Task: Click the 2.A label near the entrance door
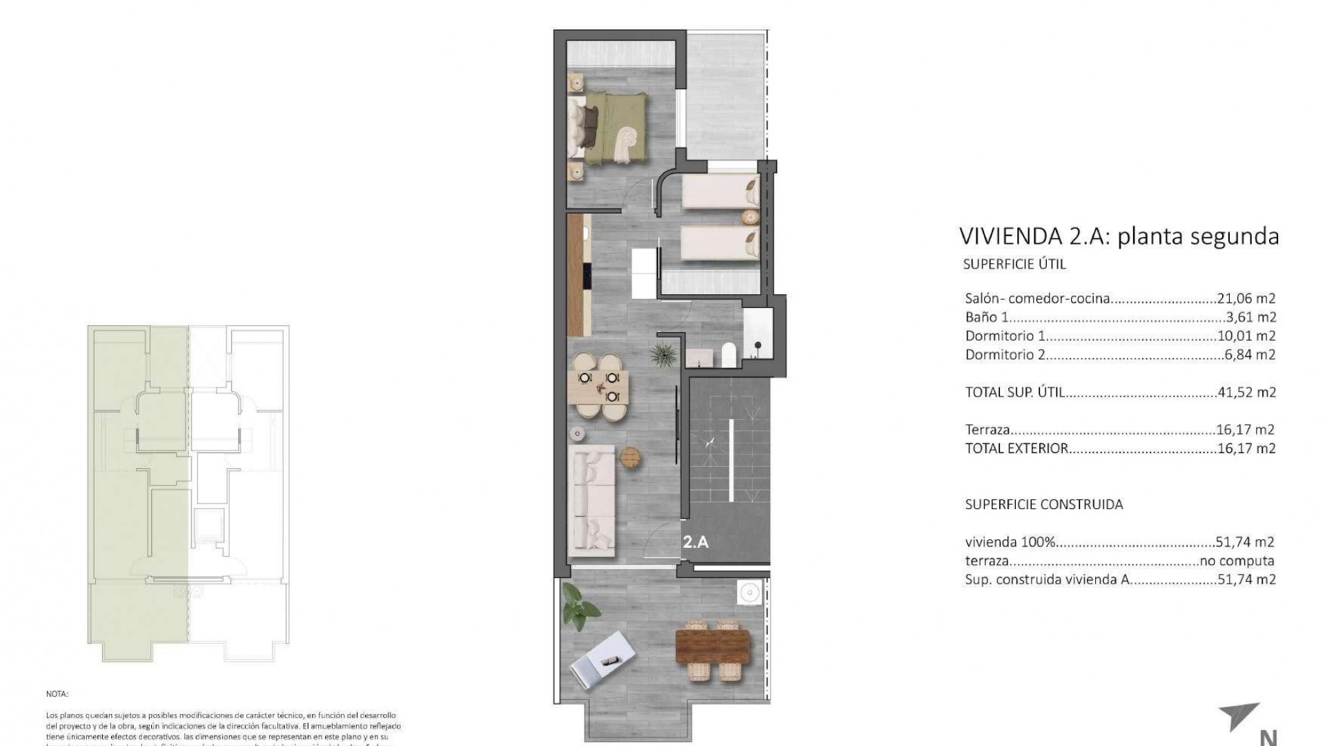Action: pyautogui.click(x=696, y=542)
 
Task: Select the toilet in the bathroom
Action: pyautogui.click(x=729, y=356)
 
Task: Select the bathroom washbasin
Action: pyautogui.click(x=701, y=358)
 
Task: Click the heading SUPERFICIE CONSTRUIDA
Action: pyautogui.click(x=1043, y=504)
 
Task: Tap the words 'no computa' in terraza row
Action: pyautogui.click(x=1237, y=561)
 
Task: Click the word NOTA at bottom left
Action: pyautogui.click(x=57, y=694)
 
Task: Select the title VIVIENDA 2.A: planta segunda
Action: pyautogui.click(x=1119, y=236)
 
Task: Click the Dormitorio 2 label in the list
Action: pyautogui.click(x=1005, y=354)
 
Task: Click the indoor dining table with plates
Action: pyautogui.click(x=598, y=388)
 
